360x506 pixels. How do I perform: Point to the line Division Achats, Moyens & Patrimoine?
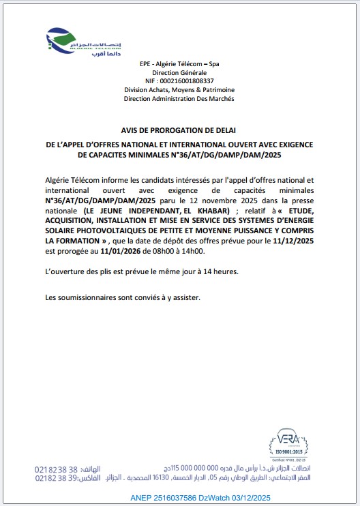click(179, 90)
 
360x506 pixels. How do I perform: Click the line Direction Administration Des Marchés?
click(179, 99)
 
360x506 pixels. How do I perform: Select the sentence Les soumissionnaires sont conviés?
click(123, 298)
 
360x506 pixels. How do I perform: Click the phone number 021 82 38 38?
click(57, 470)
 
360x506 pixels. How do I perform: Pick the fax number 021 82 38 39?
click(57, 479)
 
